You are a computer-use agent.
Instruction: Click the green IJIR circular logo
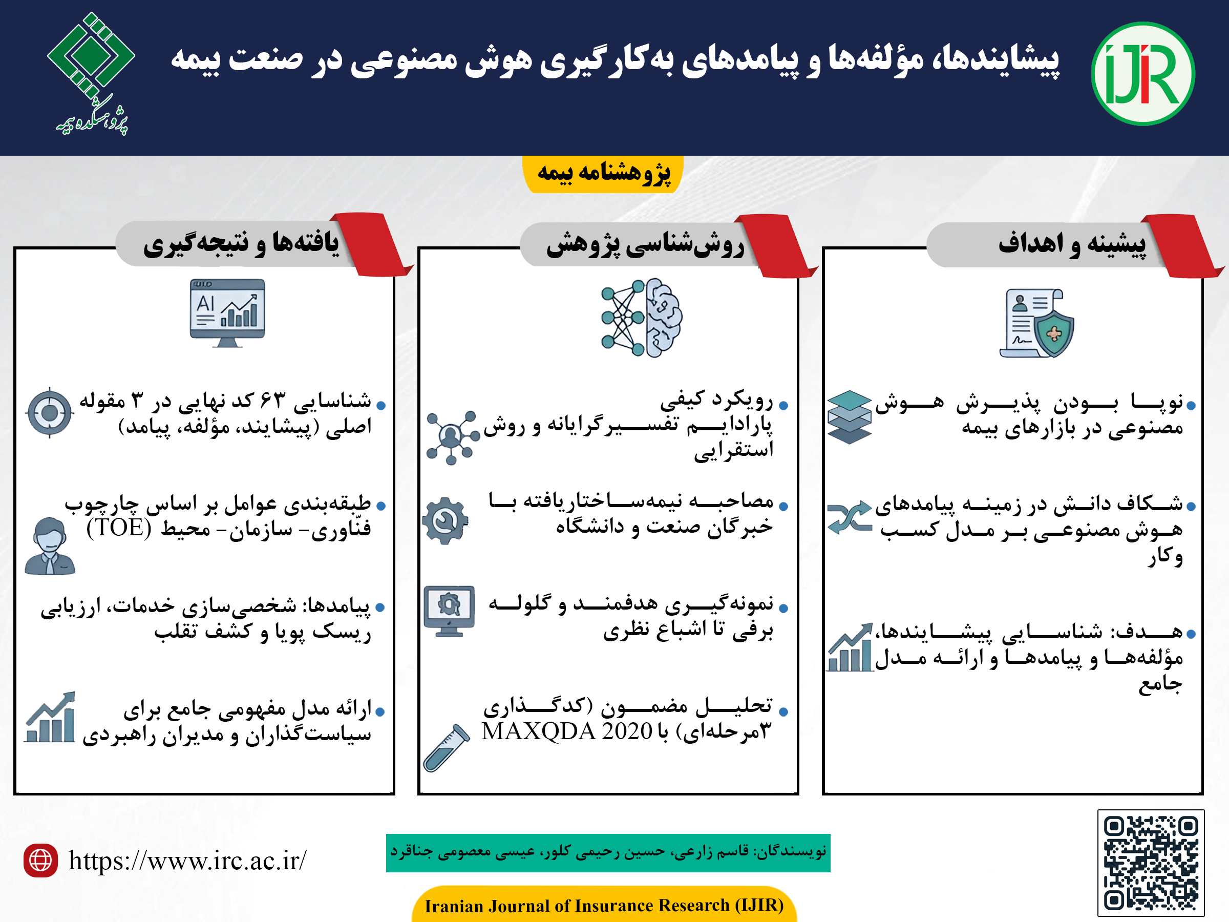[x=1142, y=74]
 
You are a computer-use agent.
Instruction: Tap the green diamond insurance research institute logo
[x=92, y=72]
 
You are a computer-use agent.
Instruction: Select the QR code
[x=1151, y=863]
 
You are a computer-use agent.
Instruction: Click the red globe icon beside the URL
[x=40, y=861]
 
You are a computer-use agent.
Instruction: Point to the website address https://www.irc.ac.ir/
[x=187, y=861]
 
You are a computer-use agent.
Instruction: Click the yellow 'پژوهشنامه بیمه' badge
[x=603, y=174]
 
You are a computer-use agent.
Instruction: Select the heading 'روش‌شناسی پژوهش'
[x=645, y=244]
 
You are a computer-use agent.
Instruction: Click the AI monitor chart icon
[x=227, y=313]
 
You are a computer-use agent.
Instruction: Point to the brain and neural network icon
[x=641, y=318]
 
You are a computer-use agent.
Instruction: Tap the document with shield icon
[x=1037, y=323]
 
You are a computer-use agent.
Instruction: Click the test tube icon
[x=447, y=747]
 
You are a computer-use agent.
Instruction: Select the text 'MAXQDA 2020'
[x=567, y=731]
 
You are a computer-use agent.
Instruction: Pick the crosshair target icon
[x=50, y=412]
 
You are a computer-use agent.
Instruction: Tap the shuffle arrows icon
[x=849, y=517]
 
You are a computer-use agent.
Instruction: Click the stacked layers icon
[x=849, y=417]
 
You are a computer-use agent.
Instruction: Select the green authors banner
[x=608, y=852]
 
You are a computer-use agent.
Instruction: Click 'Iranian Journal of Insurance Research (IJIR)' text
[x=604, y=905]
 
